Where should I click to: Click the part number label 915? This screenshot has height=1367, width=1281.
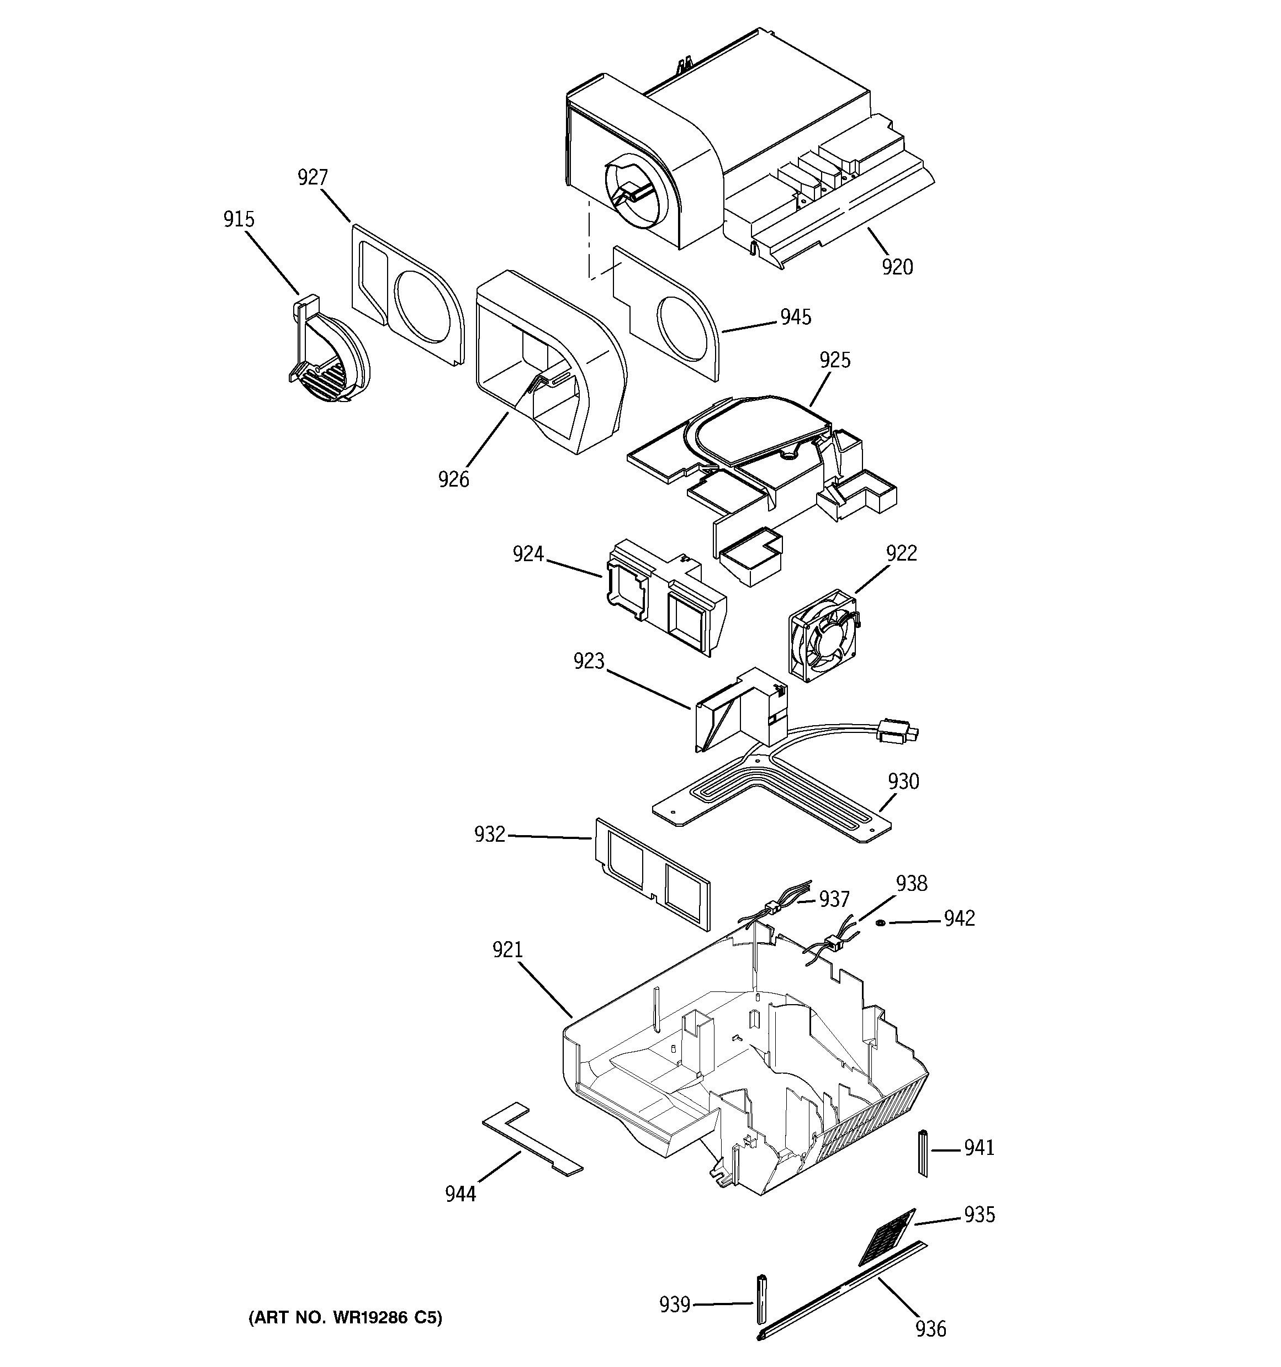click(x=239, y=219)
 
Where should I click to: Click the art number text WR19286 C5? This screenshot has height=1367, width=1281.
click(x=345, y=1317)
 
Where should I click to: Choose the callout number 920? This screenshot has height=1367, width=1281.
click(x=897, y=267)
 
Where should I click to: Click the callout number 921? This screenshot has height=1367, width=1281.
click(x=507, y=951)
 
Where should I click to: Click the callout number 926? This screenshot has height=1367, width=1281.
click(x=454, y=479)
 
